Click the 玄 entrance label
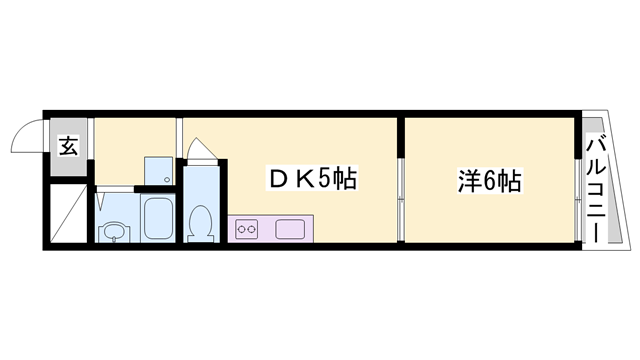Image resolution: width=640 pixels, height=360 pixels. pos(68,146)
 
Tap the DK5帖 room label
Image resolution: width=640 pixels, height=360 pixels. pos(311,181)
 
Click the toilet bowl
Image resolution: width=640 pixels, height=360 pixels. pos(200,222)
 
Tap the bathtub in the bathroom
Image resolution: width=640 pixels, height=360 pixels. pos(158,217)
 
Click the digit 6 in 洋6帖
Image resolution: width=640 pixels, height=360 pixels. pos(489,182)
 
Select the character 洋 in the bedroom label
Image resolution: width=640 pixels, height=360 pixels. pos(465,182)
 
